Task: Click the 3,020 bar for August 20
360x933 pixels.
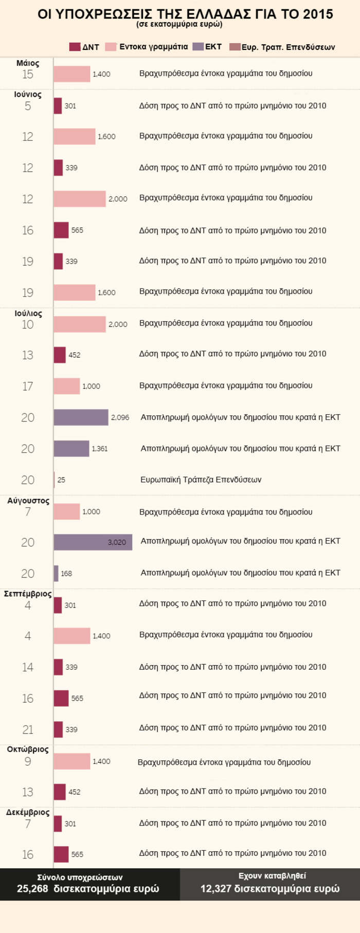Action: [93, 542]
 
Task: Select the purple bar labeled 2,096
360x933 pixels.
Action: [81, 417]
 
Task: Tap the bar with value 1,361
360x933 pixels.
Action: [71, 449]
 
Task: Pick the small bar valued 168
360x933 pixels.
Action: [56, 574]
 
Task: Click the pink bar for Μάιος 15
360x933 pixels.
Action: [71, 74]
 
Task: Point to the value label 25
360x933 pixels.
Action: [61, 480]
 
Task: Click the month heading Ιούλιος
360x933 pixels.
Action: [28, 314]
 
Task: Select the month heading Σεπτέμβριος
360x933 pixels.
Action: [28, 594]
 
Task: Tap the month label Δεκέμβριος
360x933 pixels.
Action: [28, 812]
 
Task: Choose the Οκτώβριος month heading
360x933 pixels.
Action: [28, 749]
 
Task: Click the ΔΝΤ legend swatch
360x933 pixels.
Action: [75, 47]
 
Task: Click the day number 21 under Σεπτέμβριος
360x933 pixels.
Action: [28, 730]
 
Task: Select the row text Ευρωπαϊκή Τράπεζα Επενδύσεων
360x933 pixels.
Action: [201, 480]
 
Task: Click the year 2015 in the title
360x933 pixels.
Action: [317, 14]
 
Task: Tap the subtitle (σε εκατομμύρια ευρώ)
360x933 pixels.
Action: [179, 24]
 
